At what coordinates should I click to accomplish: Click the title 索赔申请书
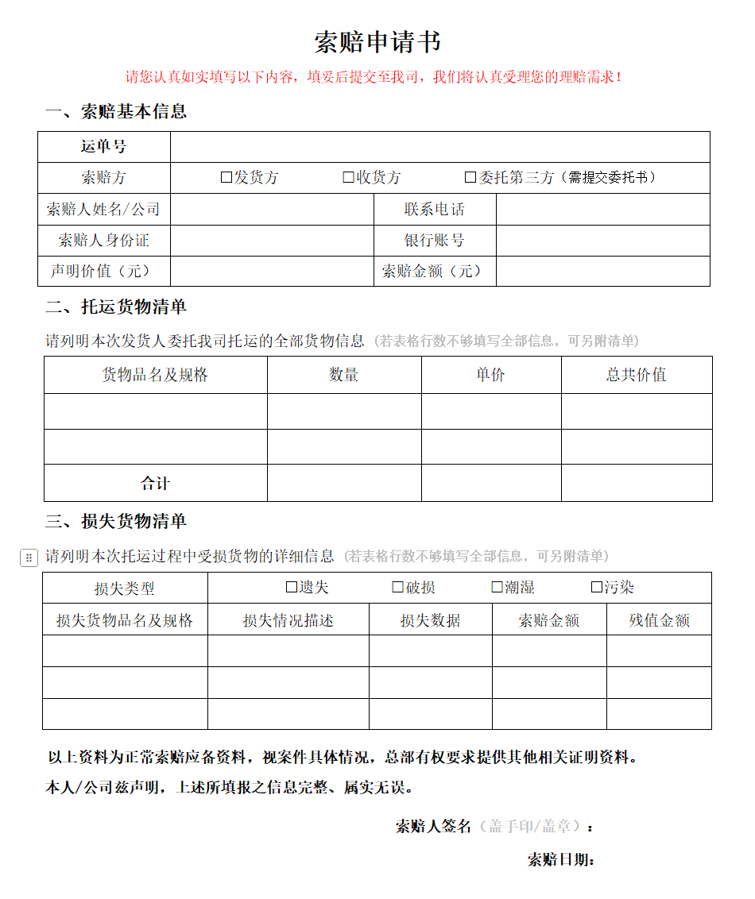pyautogui.click(x=377, y=42)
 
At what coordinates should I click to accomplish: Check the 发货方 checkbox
pyautogui.click(x=226, y=178)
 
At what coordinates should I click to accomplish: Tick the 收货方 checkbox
pyautogui.click(x=348, y=178)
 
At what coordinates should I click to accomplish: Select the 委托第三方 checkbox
pyautogui.click(x=470, y=178)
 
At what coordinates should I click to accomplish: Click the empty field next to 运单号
pyautogui.click(x=439, y=147)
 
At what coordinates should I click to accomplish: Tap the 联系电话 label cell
pyautogui.click(x=435, y=210)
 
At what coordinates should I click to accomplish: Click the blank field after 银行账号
pyautogui.click(x=602, y=241)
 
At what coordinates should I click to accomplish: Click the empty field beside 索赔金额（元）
pyautogui.click(x=602, y=272)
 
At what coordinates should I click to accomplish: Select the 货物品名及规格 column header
pyautogui.click(x=155, y=375)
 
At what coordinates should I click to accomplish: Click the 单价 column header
pyautogui.click(x=490, y=375)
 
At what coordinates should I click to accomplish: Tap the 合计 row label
pyautogui.click(x=155, y=483)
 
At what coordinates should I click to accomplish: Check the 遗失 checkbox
pyautogui.click(x=292, y=588)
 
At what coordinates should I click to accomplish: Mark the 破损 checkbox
pyautogui.click(x=398, y=588)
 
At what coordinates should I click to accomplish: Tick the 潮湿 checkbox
pyautogui.click(x=498, y=588)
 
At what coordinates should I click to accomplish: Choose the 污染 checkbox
pyautogui.click(x=597, y=588)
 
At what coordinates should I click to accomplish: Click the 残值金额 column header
pyautogui.click(x=659, y=620)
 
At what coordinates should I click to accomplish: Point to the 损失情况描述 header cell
pyautogui.click(x=288, y=620)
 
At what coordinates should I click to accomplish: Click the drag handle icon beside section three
pyautogui.click(x=29, y=558)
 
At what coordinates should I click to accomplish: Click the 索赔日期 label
pyautogui.click(x=561, y=860)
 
